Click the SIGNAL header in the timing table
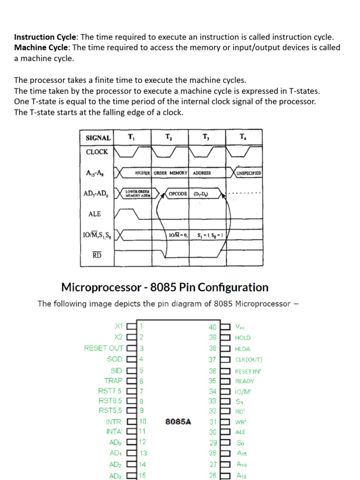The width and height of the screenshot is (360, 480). [98, 138]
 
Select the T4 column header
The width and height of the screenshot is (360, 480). [242, 136]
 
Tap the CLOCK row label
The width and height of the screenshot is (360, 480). [97, 152]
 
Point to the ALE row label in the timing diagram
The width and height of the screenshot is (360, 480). [95, 214]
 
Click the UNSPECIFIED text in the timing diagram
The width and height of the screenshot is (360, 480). [249, 173]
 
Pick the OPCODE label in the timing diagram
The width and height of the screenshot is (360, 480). [178, 194]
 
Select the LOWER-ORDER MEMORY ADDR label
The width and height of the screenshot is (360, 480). [138, 194]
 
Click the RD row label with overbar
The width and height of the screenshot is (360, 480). [97, 255]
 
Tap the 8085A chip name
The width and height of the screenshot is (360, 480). [178, 421]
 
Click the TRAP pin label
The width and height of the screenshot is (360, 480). [113, 381]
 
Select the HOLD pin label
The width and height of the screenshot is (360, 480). [243, 337]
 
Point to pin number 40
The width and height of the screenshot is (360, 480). [212, 327]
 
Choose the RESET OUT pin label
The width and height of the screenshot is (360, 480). [104, 348]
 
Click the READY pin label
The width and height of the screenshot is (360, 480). [245, 381]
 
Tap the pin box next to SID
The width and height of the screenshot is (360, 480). [131, 370]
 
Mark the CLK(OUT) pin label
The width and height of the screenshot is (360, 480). [248, 360]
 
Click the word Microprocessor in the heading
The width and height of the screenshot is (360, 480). [101, 287]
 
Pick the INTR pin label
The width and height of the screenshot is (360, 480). [113, 422]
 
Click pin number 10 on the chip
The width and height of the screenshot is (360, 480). [142, 421]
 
